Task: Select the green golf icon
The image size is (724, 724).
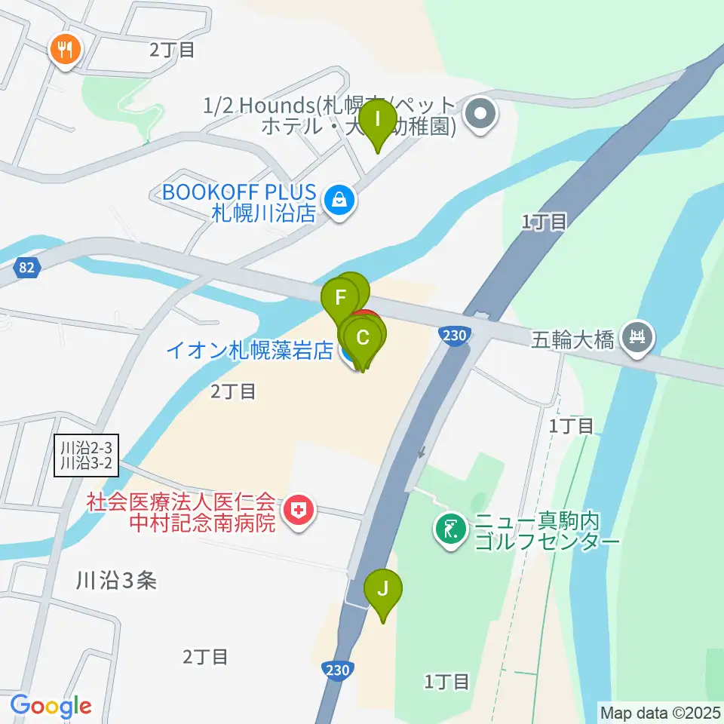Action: [451, 530]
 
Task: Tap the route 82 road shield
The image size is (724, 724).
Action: [26, 266]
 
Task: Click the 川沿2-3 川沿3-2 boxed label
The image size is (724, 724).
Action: [87, 456]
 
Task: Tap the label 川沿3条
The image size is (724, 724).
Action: [116, 580]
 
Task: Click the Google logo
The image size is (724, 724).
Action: [51, 707]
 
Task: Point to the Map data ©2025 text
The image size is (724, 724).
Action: [661, 712]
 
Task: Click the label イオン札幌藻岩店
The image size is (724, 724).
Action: [250, 351]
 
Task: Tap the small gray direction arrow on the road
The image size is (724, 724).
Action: [422, 452]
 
